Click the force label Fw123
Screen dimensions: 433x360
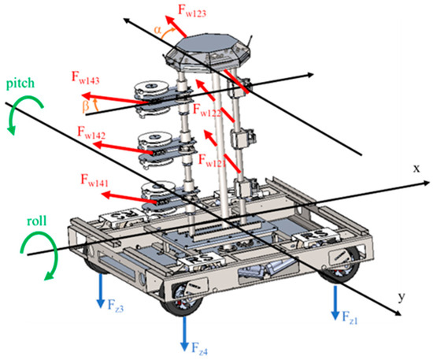pos(192,11)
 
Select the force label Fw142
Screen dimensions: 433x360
pos(91,132)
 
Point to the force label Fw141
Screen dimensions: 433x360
pos(94,180)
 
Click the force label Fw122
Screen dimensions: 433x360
pos(207,110)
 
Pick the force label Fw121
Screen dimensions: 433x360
pos(212,161)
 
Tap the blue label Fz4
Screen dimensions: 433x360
pos(199,349)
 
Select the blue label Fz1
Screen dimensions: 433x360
pos(350,317)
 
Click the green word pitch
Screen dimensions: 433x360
pos(20,84)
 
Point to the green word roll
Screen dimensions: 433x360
pos(37,221)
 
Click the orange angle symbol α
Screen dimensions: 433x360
pos(157,30)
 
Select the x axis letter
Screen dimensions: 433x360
pos(416,168)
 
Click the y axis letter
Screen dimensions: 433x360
pos(402,297)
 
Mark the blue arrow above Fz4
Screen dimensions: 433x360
pos(184,333)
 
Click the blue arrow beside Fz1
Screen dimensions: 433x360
pos(335,302)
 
